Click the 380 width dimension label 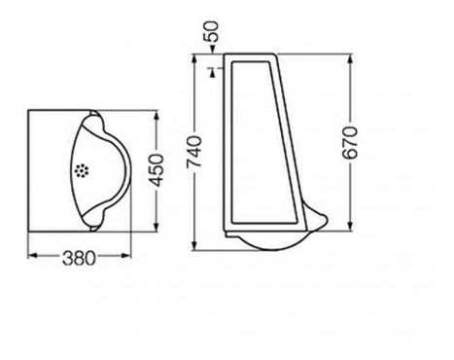(x=79, y=259)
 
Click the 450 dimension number (x=157, y=170)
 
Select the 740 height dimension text (x=194, y=152)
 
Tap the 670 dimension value (x=350, y=143)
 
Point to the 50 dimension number (x=211, y=31)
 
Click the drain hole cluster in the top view (x=82, y=170)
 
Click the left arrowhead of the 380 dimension (x=33, y=256)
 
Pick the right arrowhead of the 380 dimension (x=125, y=256)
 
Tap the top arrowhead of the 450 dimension (x=157, y=116)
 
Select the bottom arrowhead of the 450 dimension (x=157, y=227)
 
